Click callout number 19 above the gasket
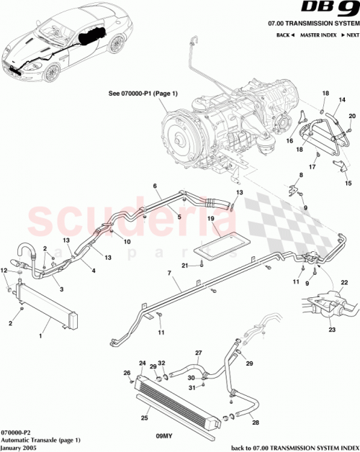[212, 217]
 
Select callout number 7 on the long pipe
[169, 274]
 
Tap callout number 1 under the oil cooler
[41, 335]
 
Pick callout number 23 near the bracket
[333, 330]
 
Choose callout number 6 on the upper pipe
[154, 186]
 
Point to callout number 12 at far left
[4, 269]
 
